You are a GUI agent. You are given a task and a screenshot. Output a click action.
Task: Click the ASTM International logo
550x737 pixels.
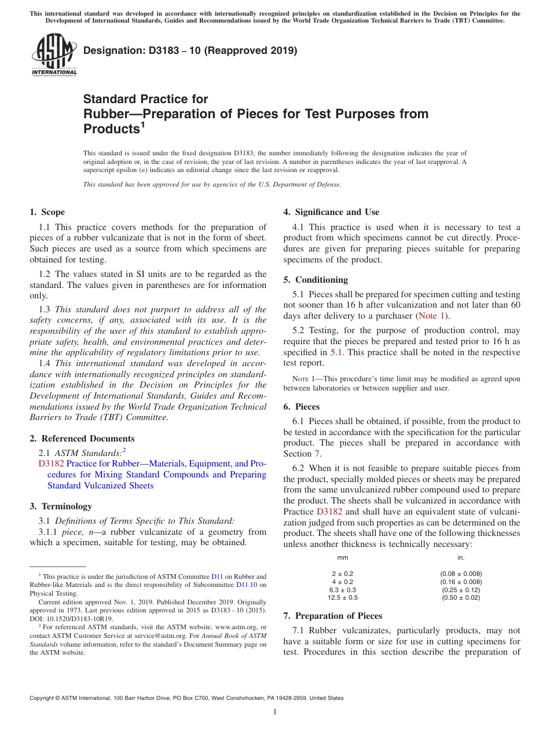coord(53,55)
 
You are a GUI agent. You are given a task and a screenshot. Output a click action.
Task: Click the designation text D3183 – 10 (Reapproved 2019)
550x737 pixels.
coord(190,51)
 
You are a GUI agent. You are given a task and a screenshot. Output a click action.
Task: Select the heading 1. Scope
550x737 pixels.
coord(47,212)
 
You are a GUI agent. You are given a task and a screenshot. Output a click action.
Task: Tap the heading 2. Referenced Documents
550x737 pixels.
coord(82,439)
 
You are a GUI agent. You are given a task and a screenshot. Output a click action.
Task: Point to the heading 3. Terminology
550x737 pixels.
coord(61,506)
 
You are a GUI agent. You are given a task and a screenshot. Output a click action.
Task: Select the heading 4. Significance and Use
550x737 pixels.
coord(331,212)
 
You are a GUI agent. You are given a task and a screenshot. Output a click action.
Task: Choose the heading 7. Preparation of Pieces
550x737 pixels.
coord(333,615)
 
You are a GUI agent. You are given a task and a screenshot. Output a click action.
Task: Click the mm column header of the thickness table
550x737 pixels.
coord(343,557)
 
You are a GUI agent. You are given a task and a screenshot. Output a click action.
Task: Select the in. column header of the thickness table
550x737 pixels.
coord(461,557)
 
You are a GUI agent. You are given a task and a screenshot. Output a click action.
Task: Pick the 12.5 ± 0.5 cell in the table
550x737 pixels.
coord(343,597)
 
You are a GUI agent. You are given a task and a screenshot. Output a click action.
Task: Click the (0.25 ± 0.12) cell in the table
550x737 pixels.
coord(461,590)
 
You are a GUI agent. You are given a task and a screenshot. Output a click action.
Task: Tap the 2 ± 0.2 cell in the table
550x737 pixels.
coord(343,574)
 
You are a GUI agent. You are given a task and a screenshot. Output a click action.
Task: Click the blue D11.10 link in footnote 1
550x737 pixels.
coord(248,585)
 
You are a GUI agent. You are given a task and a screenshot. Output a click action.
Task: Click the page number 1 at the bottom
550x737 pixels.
coord(275,712)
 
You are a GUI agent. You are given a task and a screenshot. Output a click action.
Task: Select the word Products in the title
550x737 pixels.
coord(111,129)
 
